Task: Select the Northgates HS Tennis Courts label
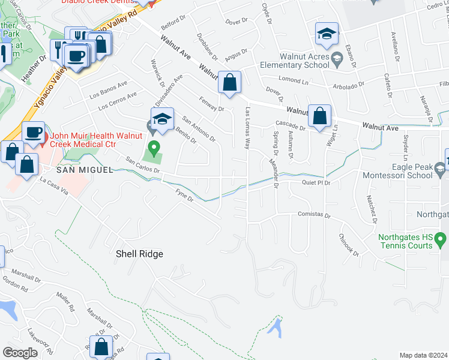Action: pyautogui.click(x=405, y=241)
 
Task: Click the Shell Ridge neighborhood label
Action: pyautogui.click(x=139, y=254)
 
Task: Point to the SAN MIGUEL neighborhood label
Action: pyautogui.click(x=85, y=170)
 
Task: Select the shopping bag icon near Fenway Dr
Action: pyautogui.click(x=229, y=82)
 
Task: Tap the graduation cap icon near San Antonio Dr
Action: pyautogui.click(x=162, y=119)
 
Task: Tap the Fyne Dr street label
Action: pyautogui.click(x=183, y=195)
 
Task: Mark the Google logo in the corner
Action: pyautogui.click(x=20, y=353)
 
